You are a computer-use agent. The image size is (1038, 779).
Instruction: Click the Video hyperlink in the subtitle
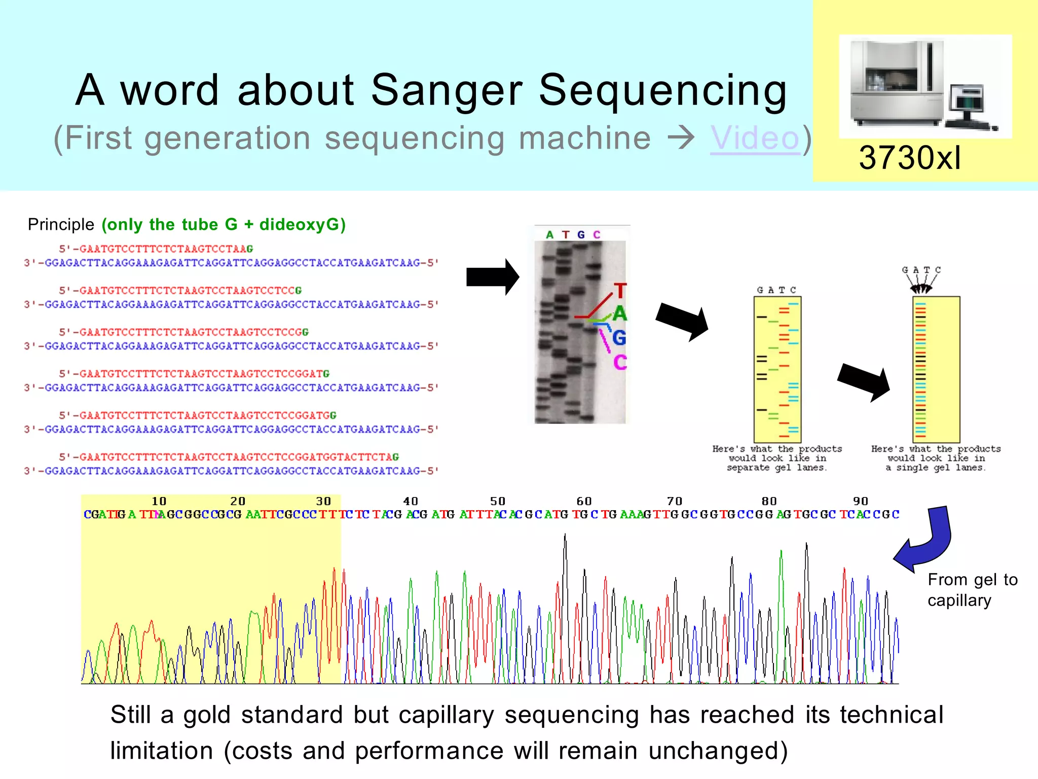(755, 138)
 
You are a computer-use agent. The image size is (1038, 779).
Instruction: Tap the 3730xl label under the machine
(910, 158)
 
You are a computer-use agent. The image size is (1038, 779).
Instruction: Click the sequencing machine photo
(925, 86)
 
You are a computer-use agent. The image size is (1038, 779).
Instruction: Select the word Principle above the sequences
(61, 224)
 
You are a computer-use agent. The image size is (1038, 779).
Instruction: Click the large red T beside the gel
(620, 291)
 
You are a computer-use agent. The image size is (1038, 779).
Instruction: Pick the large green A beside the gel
(620, 314)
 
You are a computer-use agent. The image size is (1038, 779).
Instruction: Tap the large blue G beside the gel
(619, 338)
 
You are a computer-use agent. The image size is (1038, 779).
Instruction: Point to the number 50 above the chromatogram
(497, 501)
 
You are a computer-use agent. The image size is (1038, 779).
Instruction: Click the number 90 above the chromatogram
(860, 501)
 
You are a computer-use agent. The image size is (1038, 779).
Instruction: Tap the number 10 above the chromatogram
(159, 501)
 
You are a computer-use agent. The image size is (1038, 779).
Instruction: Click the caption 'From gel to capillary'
(972, 590)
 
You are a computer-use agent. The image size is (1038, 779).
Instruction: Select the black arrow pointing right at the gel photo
(492, 277)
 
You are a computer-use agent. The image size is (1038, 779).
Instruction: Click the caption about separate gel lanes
(776, 458)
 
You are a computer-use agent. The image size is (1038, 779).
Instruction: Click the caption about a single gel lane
(936, 458)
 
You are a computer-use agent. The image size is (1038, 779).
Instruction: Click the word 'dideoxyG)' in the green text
(303, 224)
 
